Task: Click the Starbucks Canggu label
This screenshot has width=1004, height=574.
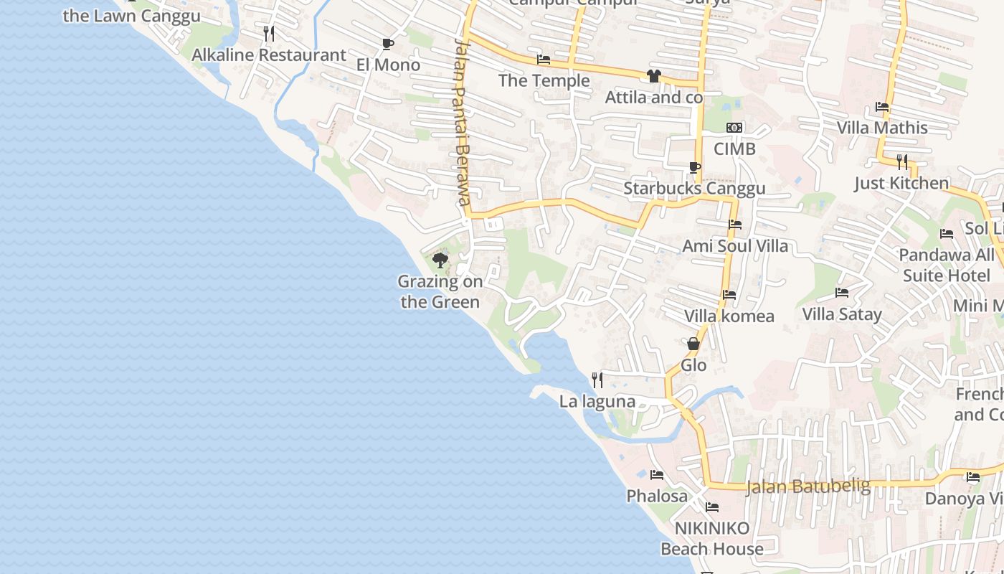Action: click(694, 189)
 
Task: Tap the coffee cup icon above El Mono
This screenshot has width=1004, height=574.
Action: click(388, 44)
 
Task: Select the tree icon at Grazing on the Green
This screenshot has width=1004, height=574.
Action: click(440, 260)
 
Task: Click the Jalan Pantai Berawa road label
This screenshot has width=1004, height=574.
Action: click(463, 122)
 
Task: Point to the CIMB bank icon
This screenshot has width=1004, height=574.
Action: click(734, 128)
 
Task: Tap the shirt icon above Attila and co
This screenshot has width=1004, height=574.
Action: click(653, 76)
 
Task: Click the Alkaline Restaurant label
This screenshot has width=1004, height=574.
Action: click(269, 55)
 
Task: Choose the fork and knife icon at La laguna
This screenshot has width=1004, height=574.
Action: click(597, 380)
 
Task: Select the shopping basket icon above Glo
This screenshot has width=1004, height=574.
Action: click(693, 344)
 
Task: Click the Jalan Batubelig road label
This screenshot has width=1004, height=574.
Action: click(808, 486)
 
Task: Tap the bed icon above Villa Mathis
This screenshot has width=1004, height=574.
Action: click(882, 108)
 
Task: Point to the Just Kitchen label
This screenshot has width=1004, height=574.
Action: click(901, 183)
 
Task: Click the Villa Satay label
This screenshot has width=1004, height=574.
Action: click(842, 314)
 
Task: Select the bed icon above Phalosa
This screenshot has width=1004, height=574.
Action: click(656, 475)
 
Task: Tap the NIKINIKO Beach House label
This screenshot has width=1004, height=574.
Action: click(712, 539)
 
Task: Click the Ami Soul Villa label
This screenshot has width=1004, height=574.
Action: click(735, 246)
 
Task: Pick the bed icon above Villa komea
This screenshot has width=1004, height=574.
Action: click(729, 295)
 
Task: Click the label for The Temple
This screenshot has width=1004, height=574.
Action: click(544, 80)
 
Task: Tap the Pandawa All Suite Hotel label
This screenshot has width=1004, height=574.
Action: click(947, 265)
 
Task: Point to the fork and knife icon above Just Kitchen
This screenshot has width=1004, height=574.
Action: click(902, 162)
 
